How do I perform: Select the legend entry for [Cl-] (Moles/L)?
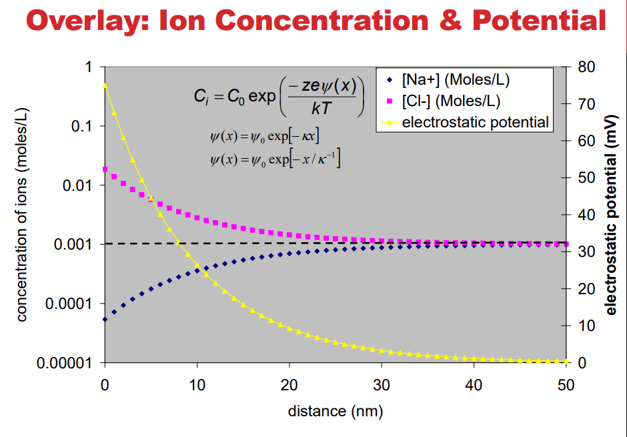tap(451, 101)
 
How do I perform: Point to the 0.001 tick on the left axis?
tap(74, 245)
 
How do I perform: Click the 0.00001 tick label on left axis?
tap(65, 364)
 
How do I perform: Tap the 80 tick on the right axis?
tap(586, 67)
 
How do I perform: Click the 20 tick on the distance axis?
tap(289, 384)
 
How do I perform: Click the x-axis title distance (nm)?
tap(335, 411)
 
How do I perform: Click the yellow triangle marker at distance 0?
tap(105, 85)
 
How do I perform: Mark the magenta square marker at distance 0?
tap(105, 169)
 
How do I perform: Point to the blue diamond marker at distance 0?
tap(105, 320)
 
